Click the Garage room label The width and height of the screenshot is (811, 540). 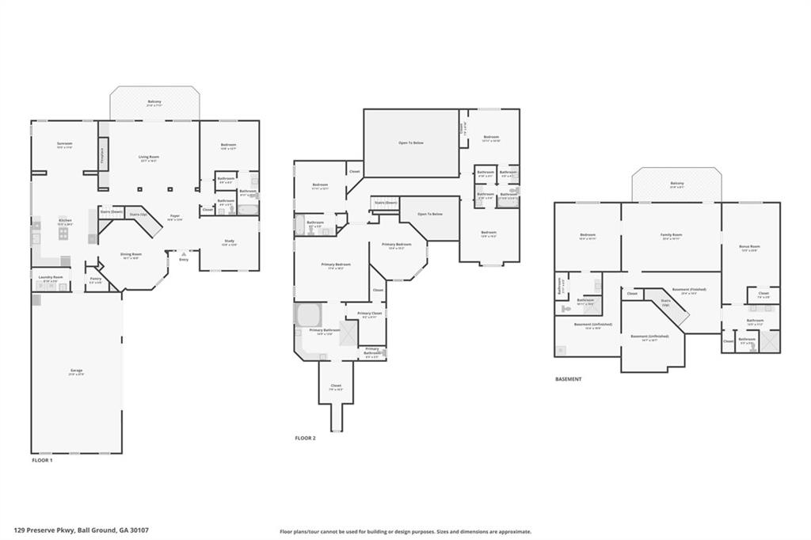[76, 371]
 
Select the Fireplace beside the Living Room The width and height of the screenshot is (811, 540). [101, 155]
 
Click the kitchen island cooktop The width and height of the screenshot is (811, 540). [63, 234]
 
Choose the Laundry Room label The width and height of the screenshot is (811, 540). [51, 278]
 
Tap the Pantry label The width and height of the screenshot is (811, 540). [95, 279]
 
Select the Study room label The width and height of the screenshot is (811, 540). [229, 242]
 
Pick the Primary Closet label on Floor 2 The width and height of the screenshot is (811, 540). [370, 314]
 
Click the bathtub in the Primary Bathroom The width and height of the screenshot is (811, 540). [307, 314]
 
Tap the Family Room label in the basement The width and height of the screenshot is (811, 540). [671, 235]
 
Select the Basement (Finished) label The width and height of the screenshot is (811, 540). [689, 290]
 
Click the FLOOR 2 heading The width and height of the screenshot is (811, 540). [305, 438]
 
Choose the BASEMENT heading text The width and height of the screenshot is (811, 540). [568, 379]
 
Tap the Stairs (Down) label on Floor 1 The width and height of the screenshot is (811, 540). [111, 212]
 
